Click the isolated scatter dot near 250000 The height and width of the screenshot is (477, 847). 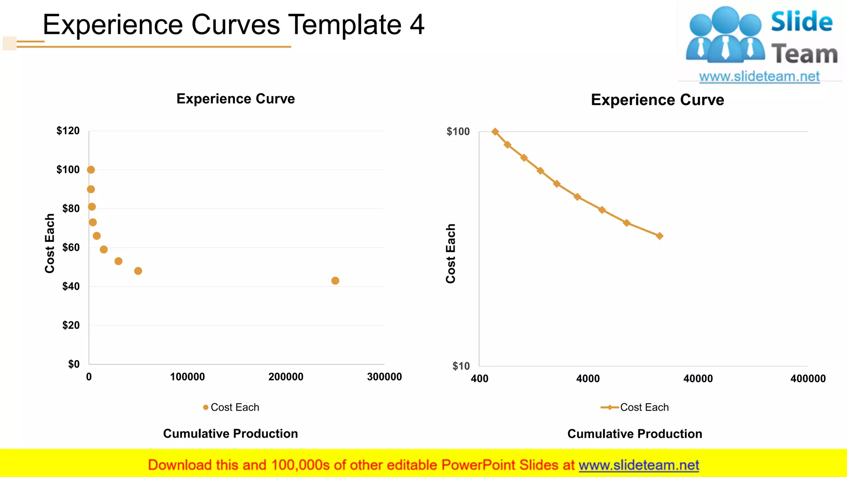click(335, 281)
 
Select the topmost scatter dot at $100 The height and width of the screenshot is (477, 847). click(91, 170)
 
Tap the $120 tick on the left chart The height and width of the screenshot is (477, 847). click(68, 131)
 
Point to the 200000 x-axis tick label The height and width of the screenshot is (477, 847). click(286, 377)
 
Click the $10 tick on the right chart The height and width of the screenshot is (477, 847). click(461, 366)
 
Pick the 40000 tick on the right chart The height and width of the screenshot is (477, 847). click(698, 378)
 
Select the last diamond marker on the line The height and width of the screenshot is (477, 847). click(660, 236)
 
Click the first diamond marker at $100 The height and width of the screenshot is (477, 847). click(495, 132)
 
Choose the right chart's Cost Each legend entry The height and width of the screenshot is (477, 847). click(635, 407)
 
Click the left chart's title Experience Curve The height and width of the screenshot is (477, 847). click(236, 99)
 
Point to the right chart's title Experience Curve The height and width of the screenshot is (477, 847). click(658, 100)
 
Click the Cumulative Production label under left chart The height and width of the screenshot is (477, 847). click(230, 434)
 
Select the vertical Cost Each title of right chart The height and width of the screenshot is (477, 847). click(451, 253)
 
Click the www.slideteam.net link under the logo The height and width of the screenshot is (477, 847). click(759, 77)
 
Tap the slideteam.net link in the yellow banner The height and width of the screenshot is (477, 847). click(639, 465)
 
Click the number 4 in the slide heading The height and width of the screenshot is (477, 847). click(417, 25)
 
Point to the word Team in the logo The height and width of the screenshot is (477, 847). click(804, 54)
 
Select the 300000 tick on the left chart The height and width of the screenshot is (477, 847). click(384, 377)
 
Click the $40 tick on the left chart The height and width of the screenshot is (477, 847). click(71, 287)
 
